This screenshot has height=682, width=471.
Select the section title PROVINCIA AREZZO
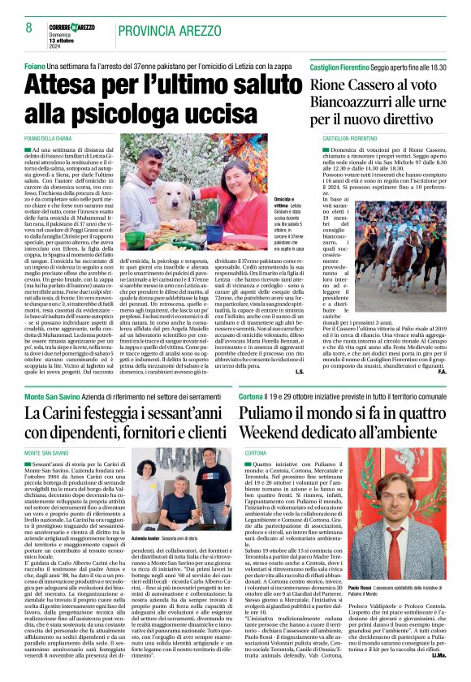[170, 30]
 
